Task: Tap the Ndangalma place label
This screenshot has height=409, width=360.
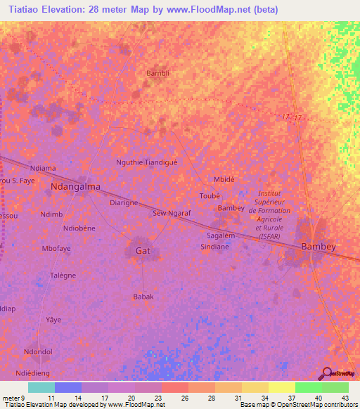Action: click(76, 188)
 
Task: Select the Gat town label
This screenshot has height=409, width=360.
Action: click(142, 250)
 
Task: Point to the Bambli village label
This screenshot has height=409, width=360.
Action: click(157, 73)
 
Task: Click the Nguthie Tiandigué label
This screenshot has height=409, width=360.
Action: click(147, 162)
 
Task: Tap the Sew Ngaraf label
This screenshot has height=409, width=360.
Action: click(171, 212)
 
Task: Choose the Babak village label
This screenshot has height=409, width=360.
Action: click(143, 297)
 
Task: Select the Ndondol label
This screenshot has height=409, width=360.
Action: click(39, 351)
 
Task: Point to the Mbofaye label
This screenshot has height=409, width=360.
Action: click(56, 248)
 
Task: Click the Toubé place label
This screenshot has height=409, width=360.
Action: click(210, 195)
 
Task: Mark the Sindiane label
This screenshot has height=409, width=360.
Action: click(215, 247)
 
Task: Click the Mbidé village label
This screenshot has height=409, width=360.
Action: click(224, 178)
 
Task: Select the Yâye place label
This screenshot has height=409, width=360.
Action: click(53, 319)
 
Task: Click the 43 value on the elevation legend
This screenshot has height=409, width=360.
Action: click(345, 397)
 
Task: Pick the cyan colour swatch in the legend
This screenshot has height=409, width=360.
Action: click(41, 387)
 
